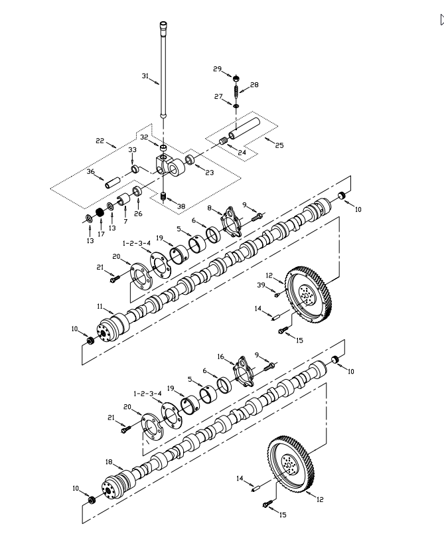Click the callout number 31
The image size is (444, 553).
tap(145, 76)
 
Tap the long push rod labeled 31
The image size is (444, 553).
tap(163, 73)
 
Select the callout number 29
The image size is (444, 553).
tap(217, 69)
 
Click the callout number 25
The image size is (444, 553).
tap(279, 145)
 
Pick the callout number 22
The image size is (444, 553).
tap(100, 141)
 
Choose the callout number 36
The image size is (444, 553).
tap(91, 172)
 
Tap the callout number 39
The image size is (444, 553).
tap(261, 285)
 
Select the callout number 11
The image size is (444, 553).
tap(100, 307)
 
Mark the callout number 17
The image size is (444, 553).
tap(101, 234)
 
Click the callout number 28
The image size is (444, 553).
tap(254, 85)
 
